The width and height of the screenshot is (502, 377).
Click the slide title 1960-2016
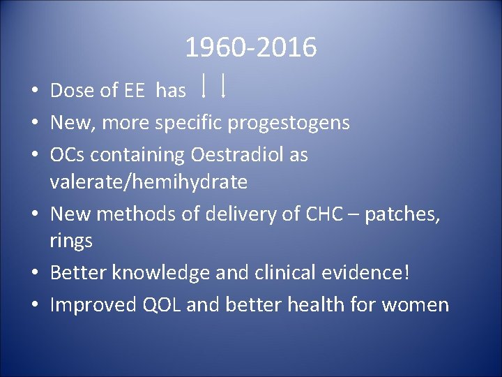(250, 48)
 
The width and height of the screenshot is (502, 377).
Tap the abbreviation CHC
(324, 214)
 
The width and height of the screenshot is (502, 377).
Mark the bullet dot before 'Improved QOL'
(34, 306)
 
